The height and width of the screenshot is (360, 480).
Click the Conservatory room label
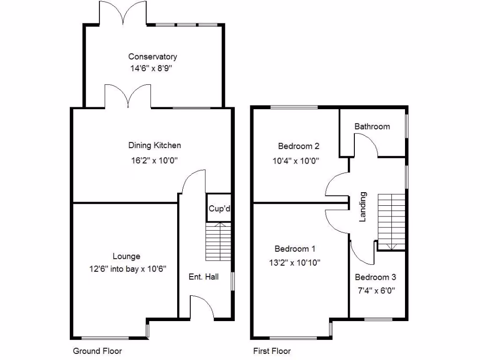(153, 57)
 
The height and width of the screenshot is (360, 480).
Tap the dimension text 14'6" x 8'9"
(153, 68)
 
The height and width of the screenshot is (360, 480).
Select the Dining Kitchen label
(155, 145)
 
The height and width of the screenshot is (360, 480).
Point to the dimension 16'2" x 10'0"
(154, 160)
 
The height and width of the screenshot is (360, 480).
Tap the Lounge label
(126, 256)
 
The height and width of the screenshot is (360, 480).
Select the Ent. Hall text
(202, 277)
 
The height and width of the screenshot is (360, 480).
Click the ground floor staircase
(218, 242)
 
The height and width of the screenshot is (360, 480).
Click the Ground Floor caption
(97, 351)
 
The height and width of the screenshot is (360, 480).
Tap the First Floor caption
(272, 351)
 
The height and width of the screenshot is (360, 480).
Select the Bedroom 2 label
(296, 145)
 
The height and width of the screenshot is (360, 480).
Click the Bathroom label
(372, 127)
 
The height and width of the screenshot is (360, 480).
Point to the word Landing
(362, 207)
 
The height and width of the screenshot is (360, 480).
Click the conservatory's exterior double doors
(122, 13)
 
